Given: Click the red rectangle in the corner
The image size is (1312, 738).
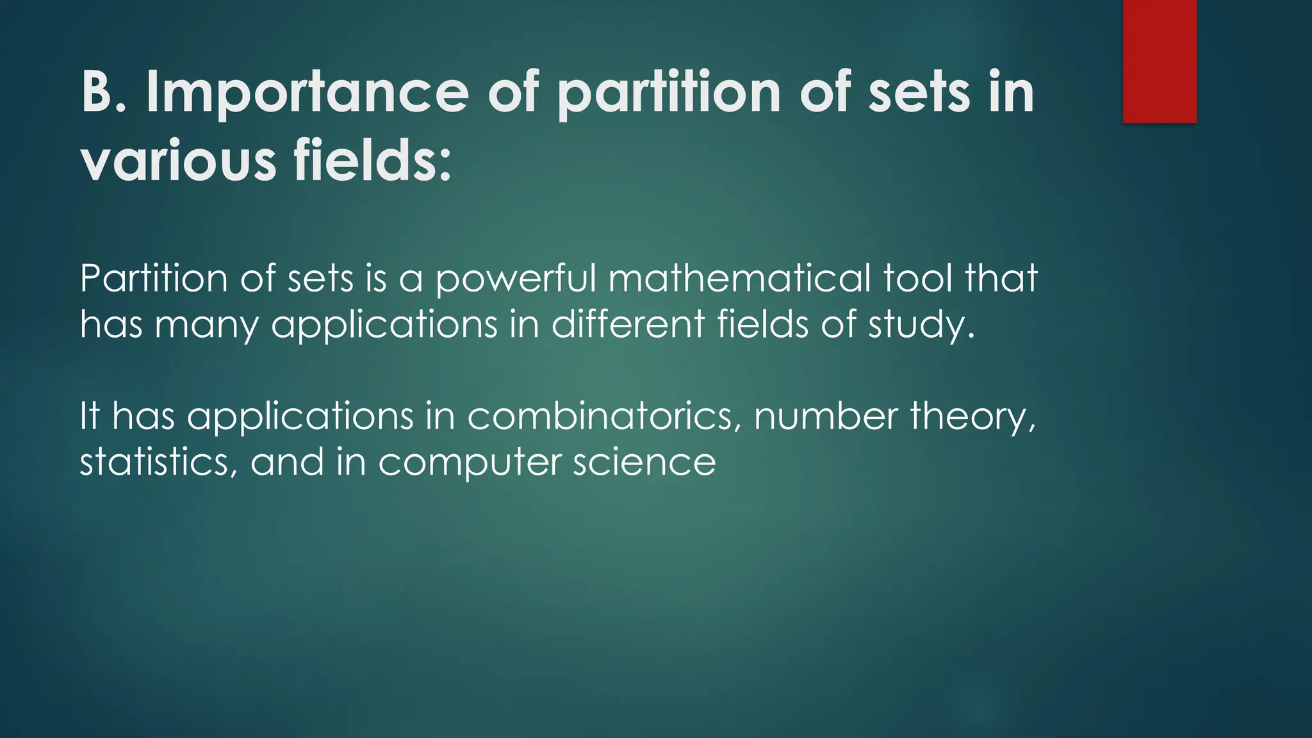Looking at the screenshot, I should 1160,61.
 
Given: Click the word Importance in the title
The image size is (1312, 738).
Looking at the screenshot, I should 307,94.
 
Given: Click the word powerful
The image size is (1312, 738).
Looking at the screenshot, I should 515,279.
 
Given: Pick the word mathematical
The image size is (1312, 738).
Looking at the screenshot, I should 739,279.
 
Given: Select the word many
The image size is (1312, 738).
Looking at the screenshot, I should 206,325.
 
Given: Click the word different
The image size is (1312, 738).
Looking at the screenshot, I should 628,324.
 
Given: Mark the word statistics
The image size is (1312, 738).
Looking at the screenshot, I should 154,463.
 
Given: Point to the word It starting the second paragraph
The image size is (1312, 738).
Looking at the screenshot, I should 90,416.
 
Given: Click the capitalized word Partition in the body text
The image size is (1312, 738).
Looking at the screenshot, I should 154,279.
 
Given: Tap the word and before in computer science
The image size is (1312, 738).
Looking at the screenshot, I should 287,463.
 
